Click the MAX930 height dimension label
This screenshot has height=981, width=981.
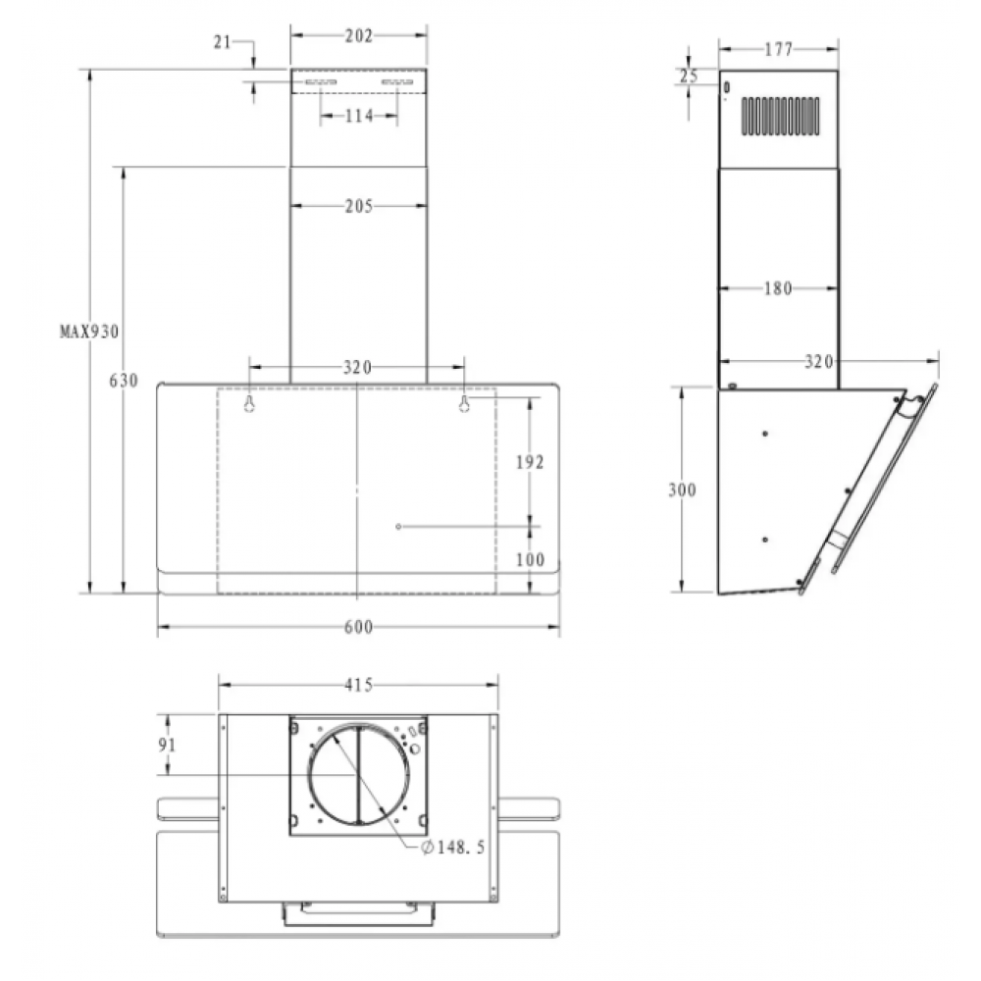(89, 331)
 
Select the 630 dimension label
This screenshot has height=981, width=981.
(124, 381)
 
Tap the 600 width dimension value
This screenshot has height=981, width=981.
(358, 626)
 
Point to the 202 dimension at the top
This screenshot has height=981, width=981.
(358, 36)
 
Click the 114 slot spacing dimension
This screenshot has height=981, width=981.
(359, 116)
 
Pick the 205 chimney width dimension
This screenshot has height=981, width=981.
(359, 206)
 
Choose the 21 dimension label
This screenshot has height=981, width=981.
(222, 42)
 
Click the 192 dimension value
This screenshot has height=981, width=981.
(530, 462)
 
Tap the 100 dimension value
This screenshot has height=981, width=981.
(530, 559)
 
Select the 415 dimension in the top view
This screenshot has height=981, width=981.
(358, 685)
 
